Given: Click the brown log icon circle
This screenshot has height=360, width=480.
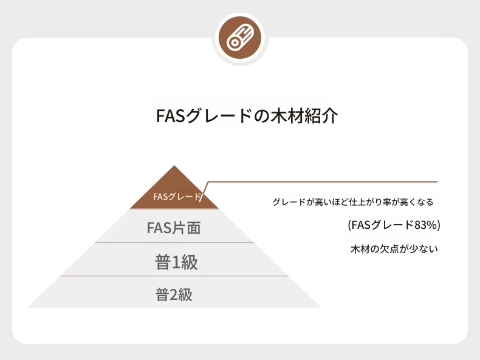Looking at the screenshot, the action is (x=240, y=38).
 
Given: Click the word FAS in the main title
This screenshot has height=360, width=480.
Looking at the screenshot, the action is (x=171, y=115).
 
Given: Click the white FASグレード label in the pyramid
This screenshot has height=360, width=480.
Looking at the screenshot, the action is (x=177, y=197).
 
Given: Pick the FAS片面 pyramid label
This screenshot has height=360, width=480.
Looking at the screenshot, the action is (x=174, y=228).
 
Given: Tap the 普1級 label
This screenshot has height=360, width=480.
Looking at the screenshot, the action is (x=176, y=262).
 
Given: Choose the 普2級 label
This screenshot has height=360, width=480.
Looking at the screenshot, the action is (x=174, y=295).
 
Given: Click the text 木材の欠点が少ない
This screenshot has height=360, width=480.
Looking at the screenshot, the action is (x=394, y=249).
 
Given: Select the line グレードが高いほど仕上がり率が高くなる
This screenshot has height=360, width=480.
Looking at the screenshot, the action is (x=353, y=202).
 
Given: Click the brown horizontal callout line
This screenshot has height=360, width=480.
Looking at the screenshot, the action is (x=323, y=182).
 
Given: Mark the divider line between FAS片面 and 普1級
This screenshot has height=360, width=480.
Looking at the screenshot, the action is (x=174, y=243).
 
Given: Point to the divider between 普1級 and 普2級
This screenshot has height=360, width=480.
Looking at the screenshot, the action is (x=174, y=276).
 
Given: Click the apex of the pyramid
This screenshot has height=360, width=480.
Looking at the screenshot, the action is (x=174, y=166).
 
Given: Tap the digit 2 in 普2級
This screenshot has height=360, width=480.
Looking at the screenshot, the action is (x=174, y=295).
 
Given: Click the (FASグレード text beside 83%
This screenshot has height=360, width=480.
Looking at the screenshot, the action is (x=381, y=225).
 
